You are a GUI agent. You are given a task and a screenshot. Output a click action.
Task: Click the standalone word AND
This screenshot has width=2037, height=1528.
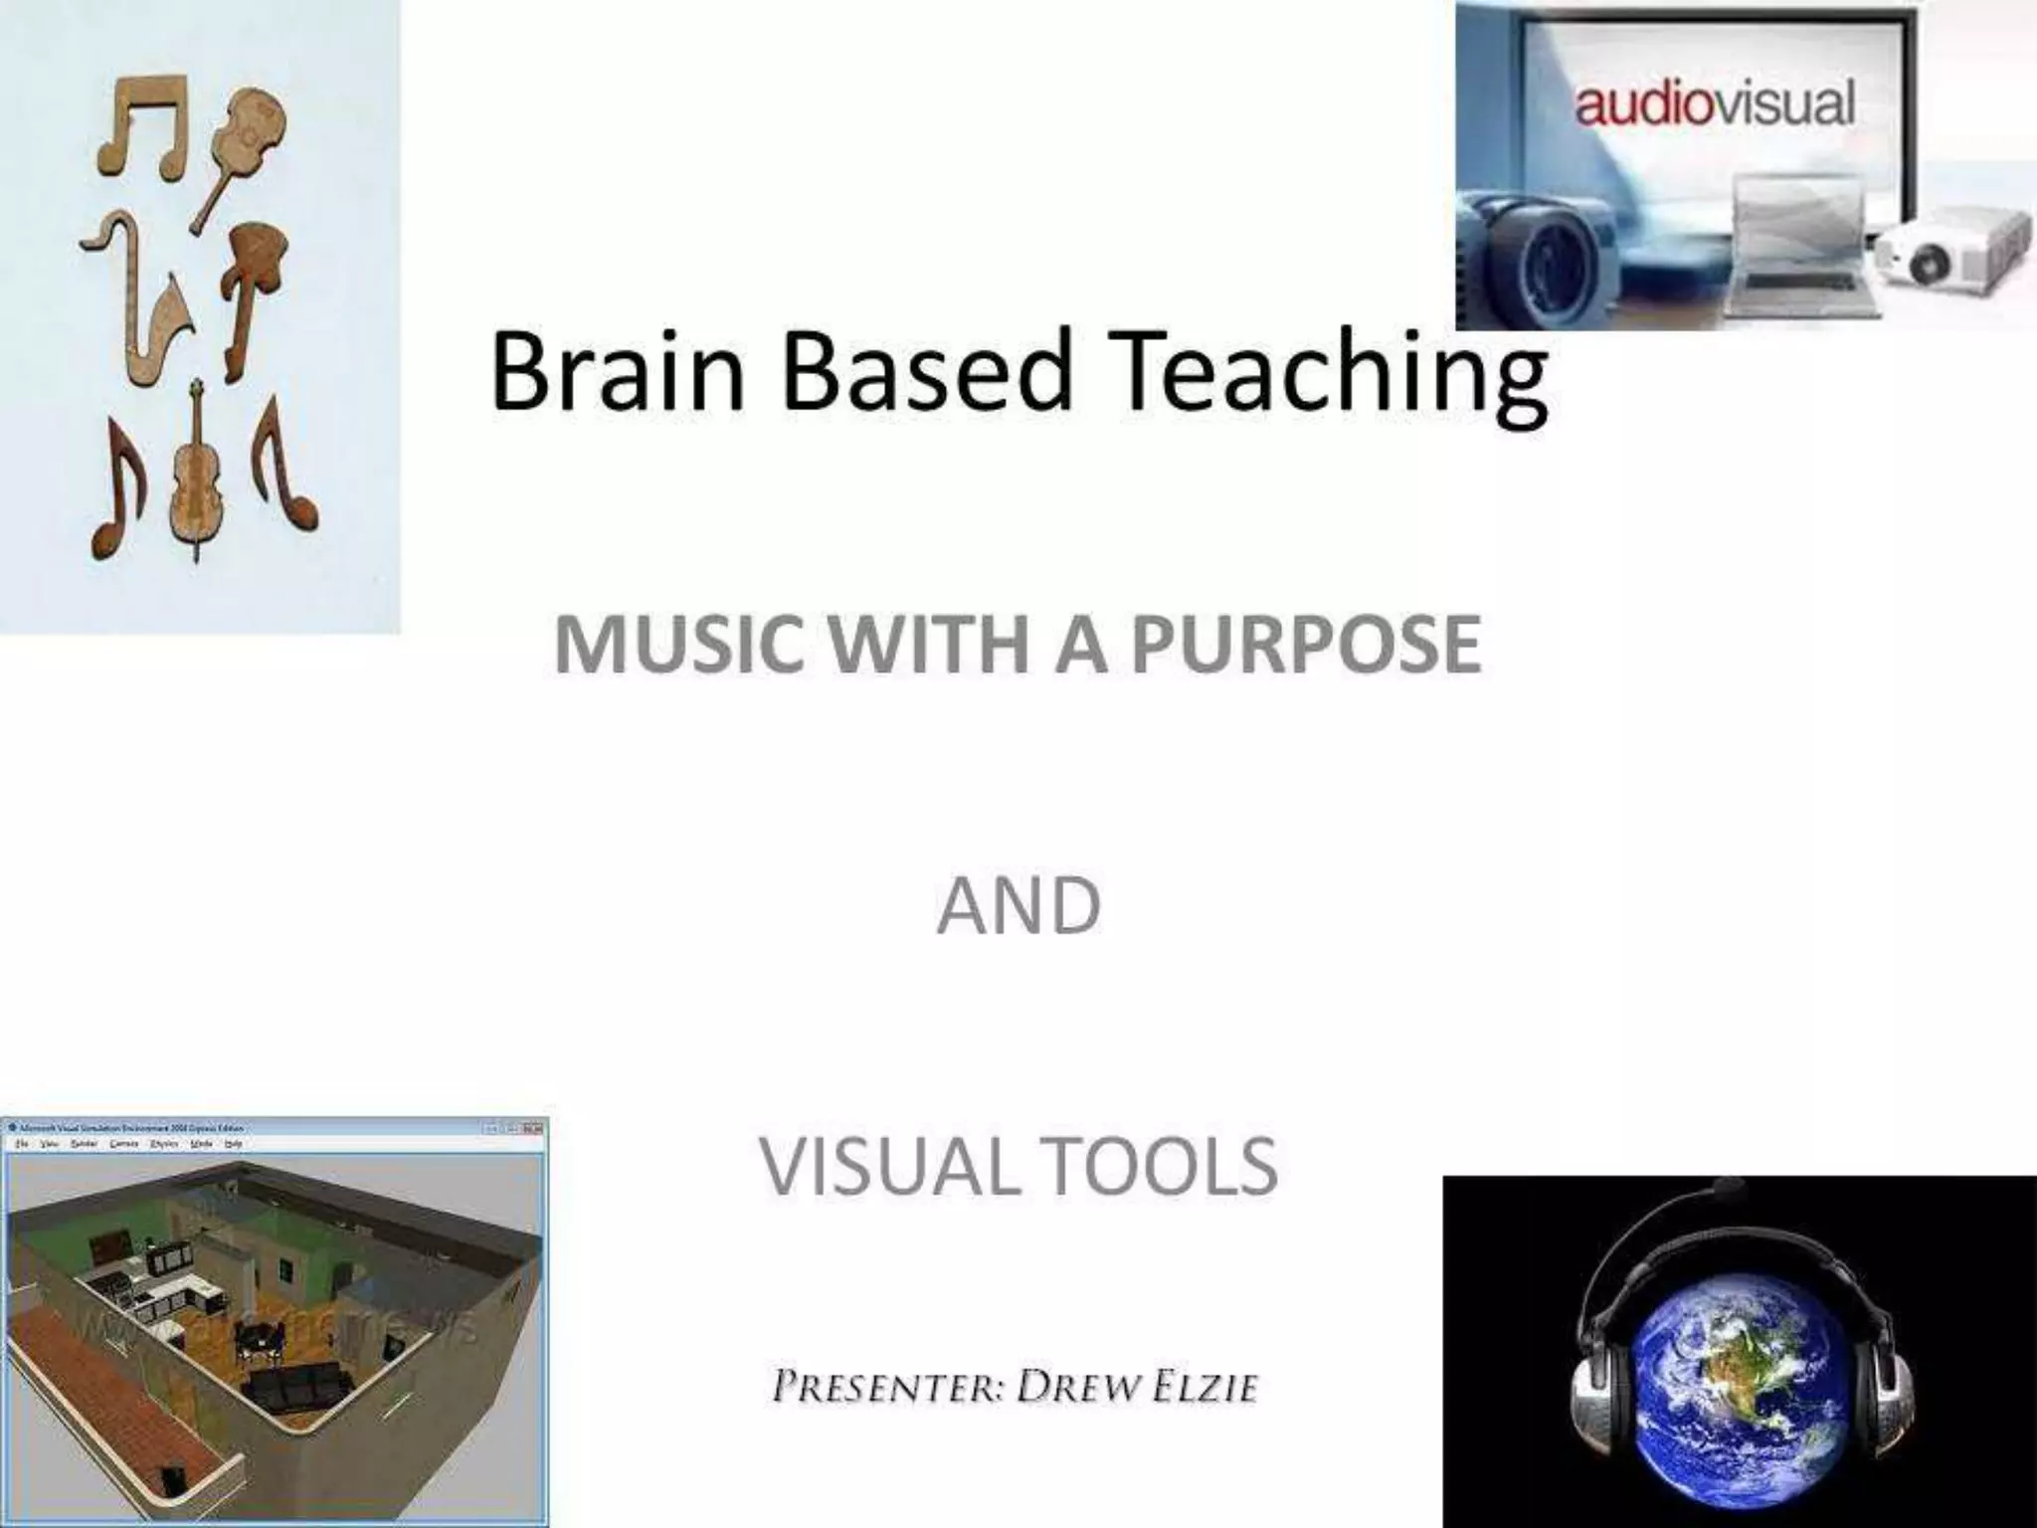pyautogui.click(x=1018, y=906)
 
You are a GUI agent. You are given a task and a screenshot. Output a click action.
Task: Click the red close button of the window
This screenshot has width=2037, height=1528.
pyautogui.click(x=534, y=1128)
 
